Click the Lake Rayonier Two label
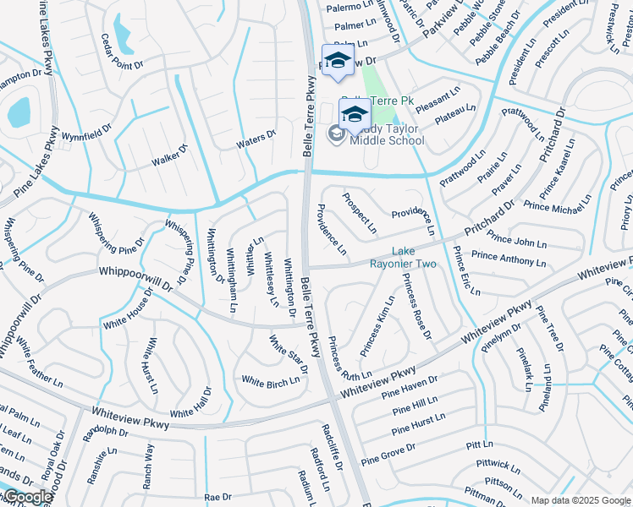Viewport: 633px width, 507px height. [x=414, y=258]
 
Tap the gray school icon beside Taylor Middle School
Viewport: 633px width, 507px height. [x=336, y=134]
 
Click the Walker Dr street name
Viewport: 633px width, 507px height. [x=168, y=155]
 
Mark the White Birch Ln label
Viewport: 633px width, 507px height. [x=271, y=380]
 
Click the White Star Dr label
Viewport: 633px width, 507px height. [x=288, y=352]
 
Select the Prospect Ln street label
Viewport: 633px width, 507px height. [x=360, y=213]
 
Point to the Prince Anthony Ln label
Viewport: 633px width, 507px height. [x=509, y=257]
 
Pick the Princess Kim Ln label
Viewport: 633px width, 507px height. [x=377, y=326]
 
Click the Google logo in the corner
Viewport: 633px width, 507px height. [x=28, y=497]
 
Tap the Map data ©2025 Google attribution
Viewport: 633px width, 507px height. [x=581, y=500]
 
